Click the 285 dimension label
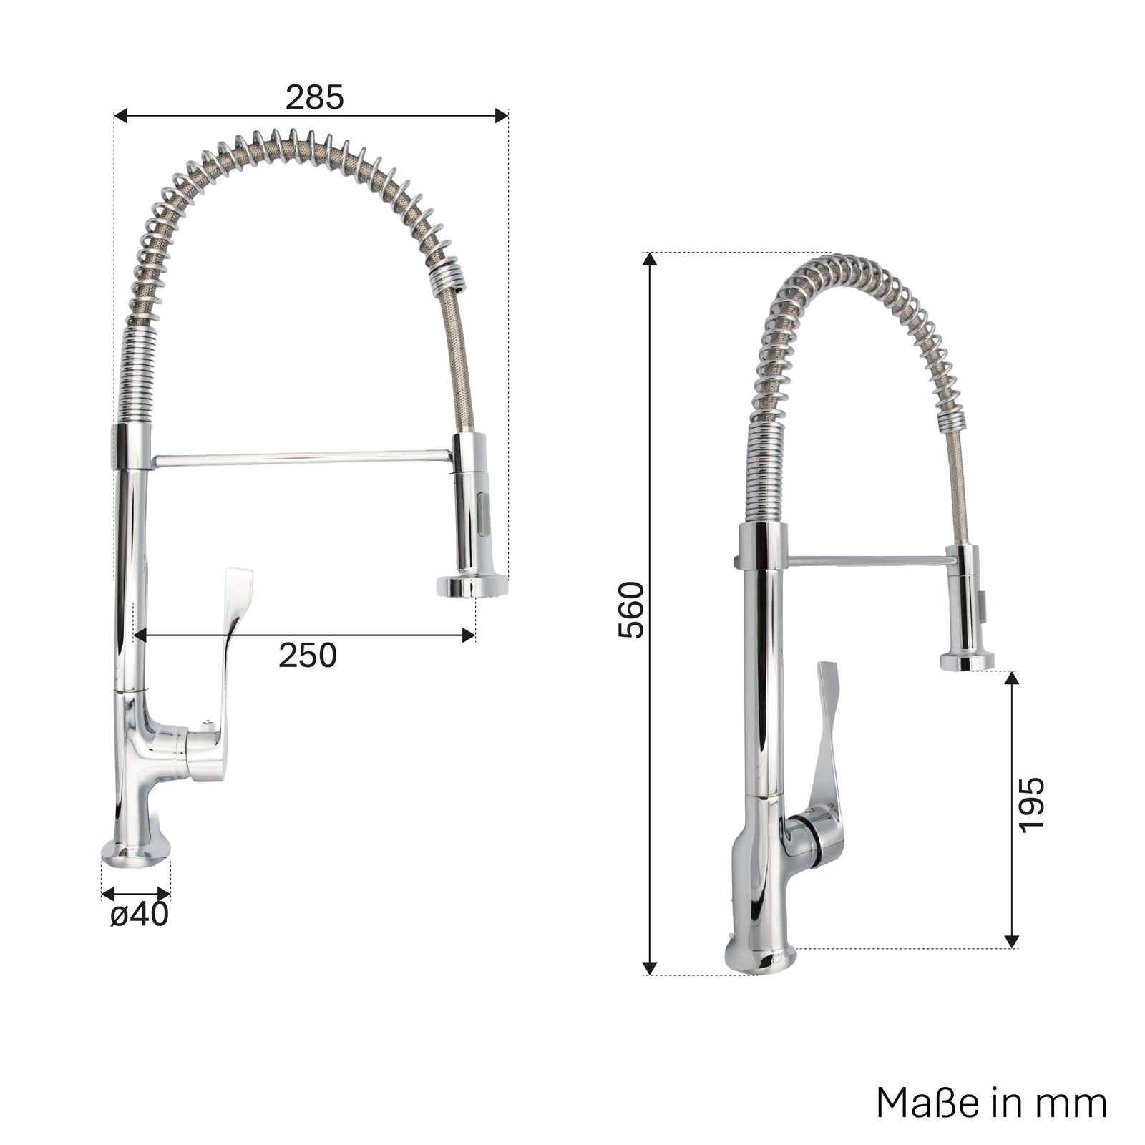(314, 97)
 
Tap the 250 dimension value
(307, 655)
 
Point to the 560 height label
(631, 610)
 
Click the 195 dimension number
(1031, 804)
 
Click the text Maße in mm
(991, 1103)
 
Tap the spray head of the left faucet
(472, 515)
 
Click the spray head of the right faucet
(968, 608)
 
